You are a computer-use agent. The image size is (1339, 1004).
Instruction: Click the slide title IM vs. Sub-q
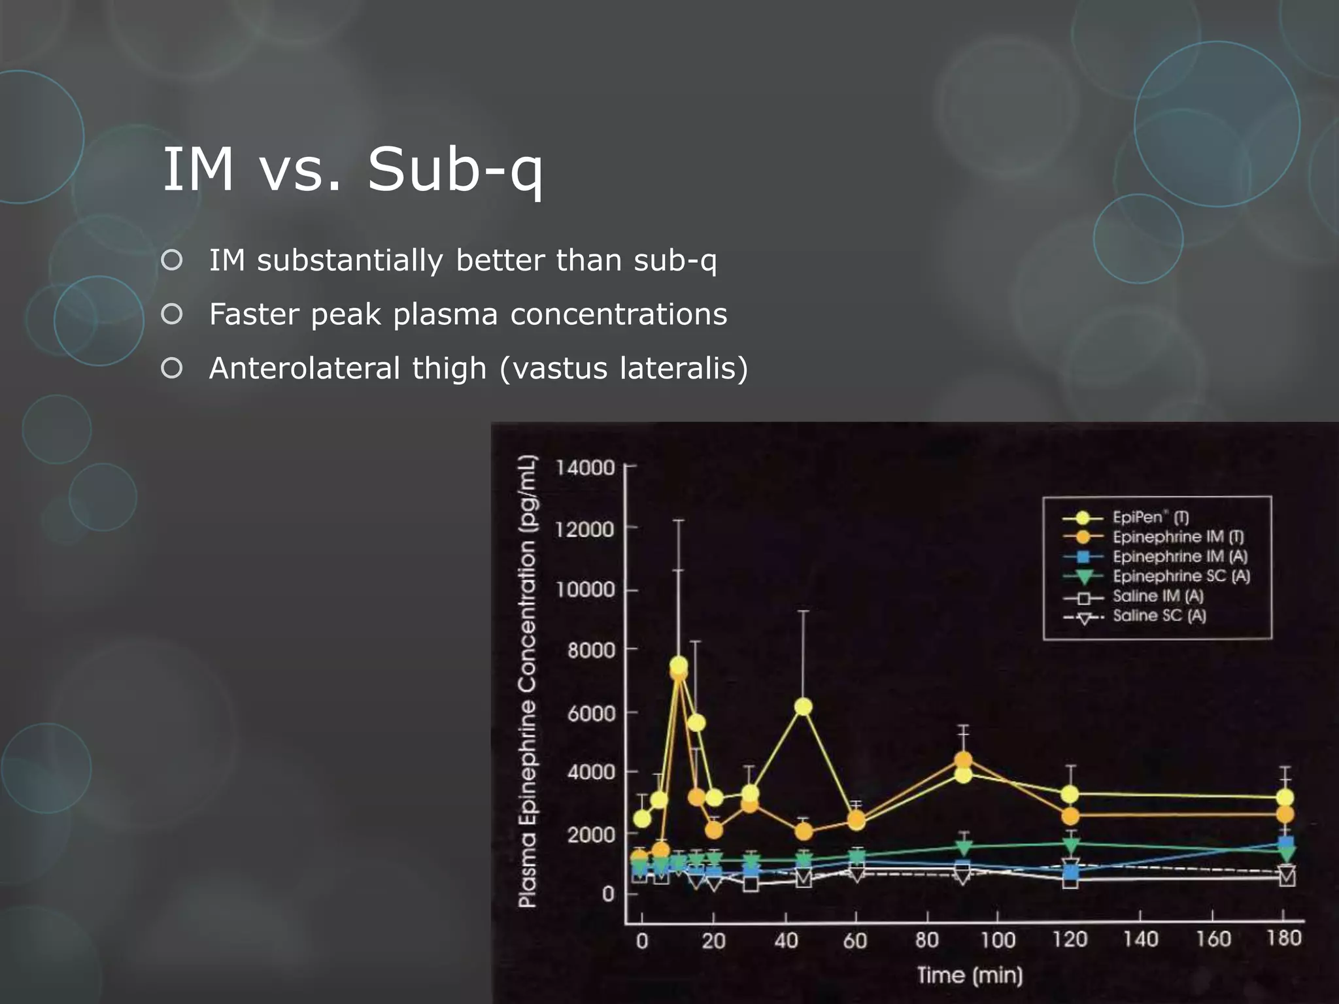tap(352, 169)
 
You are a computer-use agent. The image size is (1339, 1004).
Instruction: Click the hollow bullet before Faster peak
tap(171, 314)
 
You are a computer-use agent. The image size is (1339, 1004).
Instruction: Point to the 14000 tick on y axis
tap(585, 468)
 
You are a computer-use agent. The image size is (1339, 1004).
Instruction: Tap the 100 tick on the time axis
tap(998, 941)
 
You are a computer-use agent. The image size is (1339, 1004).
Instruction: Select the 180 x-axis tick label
tap(1283, 939)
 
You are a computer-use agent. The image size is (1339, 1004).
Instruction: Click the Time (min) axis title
tap(969, 975)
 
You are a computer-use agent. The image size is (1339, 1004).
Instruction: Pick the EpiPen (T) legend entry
tap(1150, 518)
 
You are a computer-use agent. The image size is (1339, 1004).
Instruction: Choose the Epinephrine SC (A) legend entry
tap(1181, 577)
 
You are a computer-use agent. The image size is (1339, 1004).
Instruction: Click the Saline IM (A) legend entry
tap(1157, 596)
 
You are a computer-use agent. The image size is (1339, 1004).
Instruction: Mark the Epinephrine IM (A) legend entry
tap(1179, 557)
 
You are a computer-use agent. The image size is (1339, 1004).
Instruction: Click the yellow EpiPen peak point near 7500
tap(679, 665)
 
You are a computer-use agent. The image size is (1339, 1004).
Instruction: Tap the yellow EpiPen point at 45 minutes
tap(804, 707)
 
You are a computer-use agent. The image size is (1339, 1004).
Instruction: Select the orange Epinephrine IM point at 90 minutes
tap(962, 760)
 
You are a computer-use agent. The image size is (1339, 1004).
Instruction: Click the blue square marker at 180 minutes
tap(1286, 843)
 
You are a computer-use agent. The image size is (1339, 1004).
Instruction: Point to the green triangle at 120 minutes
tap(1071, 844)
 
